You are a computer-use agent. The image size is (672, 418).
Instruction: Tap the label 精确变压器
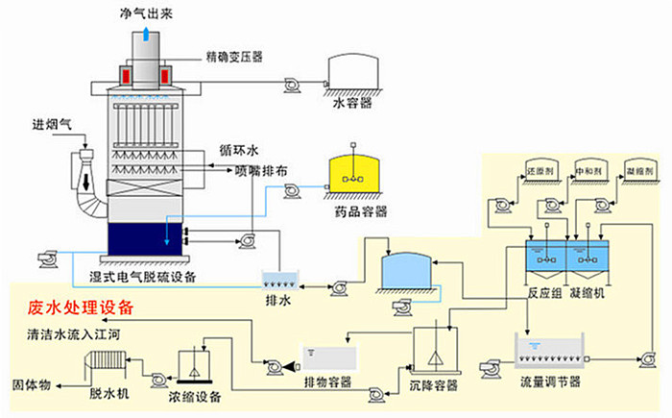(233, 55)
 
